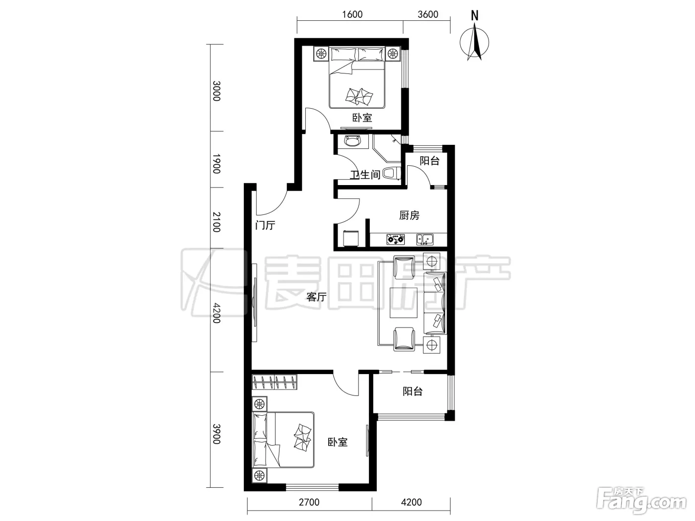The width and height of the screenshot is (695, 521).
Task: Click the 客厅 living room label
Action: coord(316,297)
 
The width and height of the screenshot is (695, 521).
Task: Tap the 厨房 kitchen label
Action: coord(409,215)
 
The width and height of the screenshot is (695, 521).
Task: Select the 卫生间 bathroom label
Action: coord(365,175)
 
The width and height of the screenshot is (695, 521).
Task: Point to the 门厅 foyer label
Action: coord(265,225)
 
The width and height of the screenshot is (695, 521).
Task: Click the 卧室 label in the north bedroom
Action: coord(362,118)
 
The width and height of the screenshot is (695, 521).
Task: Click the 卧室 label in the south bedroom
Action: coord(338,442)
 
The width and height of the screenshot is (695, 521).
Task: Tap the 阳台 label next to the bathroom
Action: coord(430,161)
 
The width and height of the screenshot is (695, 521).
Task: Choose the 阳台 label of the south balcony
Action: coord(413,391)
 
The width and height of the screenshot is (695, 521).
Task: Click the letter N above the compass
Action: coord(475,15)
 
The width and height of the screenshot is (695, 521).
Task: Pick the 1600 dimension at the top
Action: coord(352,14)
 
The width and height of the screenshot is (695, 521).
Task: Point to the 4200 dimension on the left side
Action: coord(216,313)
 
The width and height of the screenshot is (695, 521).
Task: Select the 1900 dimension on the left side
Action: coord(216,164)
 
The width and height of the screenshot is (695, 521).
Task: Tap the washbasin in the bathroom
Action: coord(353,141)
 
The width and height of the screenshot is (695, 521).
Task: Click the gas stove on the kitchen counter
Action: coord(396,239)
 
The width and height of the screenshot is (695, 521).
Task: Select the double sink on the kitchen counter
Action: coord(425,240)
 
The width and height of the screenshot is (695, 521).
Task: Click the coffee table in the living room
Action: coord(404,303)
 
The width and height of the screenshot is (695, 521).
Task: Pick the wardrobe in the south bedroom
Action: coord(275,382)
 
